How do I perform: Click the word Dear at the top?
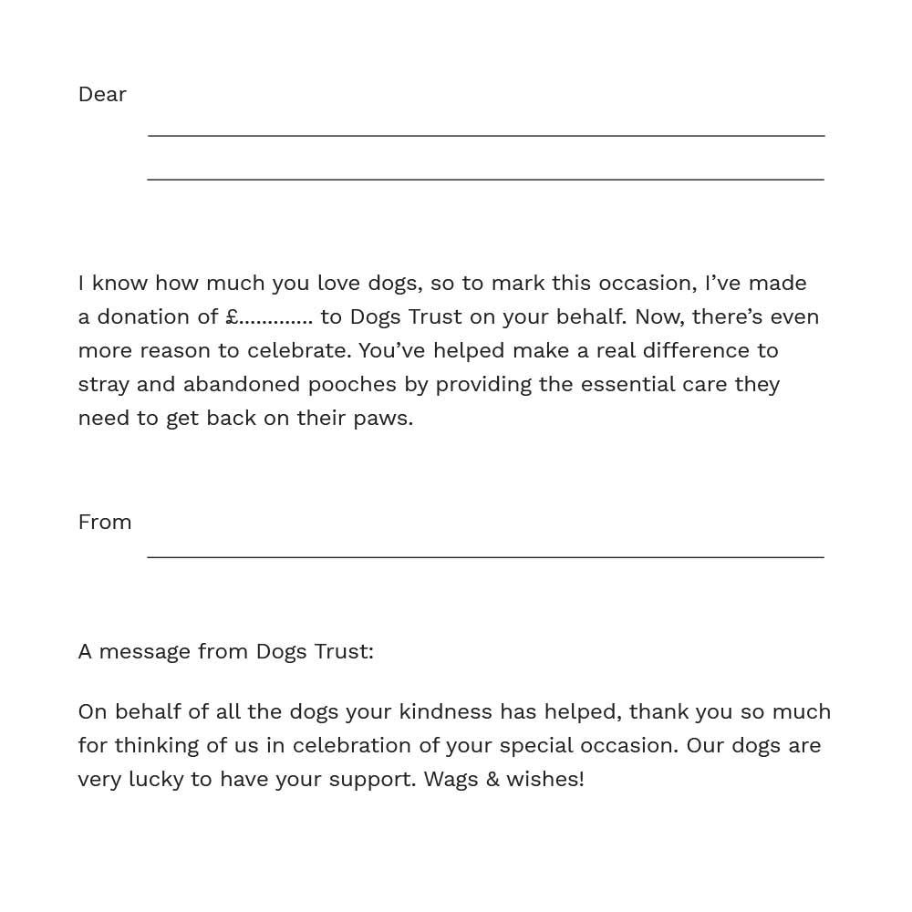(102, 94)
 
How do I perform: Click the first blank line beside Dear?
(486, 135)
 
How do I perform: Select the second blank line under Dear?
(486, 179)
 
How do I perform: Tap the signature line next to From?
(486, 555)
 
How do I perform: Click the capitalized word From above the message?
(105, 522)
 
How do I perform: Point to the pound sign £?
(232, 316)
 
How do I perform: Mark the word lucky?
(156, 779)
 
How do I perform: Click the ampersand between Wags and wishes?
(493, 779)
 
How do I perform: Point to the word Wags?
(452, 780)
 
